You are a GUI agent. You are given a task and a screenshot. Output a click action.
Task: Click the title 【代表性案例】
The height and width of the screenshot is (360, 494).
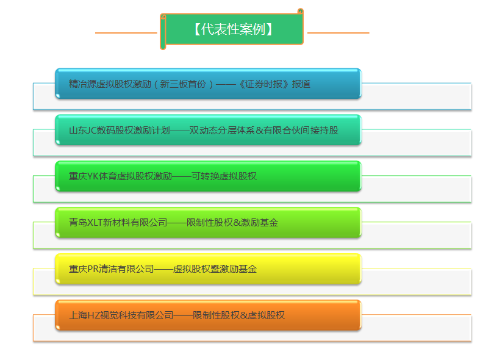(234, 29)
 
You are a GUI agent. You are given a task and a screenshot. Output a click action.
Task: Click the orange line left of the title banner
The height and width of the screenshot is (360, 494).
(126, 32)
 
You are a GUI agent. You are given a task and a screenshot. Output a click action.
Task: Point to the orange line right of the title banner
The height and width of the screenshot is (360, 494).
(338, 32)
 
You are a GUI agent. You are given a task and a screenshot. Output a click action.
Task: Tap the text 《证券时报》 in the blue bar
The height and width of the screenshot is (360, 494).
(263, 84)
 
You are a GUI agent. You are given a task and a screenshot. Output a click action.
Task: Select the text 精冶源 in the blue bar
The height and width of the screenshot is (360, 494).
(82, 84)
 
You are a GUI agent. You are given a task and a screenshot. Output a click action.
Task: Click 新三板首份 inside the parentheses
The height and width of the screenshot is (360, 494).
(183, 84)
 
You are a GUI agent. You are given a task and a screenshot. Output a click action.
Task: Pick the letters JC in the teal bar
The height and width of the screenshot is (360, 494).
(91, 131)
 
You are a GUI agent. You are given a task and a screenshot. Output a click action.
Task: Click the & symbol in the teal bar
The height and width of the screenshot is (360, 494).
(260, 131)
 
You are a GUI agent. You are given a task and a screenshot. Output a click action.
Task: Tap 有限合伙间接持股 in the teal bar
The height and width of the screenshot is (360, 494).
(301, 131)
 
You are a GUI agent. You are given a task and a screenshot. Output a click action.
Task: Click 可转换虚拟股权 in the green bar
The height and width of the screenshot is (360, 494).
(224, 176)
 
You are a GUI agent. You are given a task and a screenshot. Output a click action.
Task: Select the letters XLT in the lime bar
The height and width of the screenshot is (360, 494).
(95, 223)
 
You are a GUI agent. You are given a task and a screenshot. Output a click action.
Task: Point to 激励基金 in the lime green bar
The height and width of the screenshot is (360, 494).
(260, 223)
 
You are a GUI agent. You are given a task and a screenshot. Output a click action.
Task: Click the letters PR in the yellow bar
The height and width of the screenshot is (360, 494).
(93, 269)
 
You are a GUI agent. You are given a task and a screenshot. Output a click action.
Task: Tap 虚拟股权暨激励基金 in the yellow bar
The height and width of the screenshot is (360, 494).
(215, 269)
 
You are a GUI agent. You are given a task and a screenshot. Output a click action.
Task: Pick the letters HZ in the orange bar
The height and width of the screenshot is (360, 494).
(93, 315)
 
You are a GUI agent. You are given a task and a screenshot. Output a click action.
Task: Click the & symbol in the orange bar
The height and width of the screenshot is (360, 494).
(244, 315)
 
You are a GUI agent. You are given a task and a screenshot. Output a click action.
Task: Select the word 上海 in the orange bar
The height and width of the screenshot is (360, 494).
(78, 315)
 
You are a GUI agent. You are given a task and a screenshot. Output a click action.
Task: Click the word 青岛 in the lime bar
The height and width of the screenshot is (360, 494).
(78, 223)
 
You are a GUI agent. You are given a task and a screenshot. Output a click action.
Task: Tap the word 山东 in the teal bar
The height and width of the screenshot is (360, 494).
(77, 131)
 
